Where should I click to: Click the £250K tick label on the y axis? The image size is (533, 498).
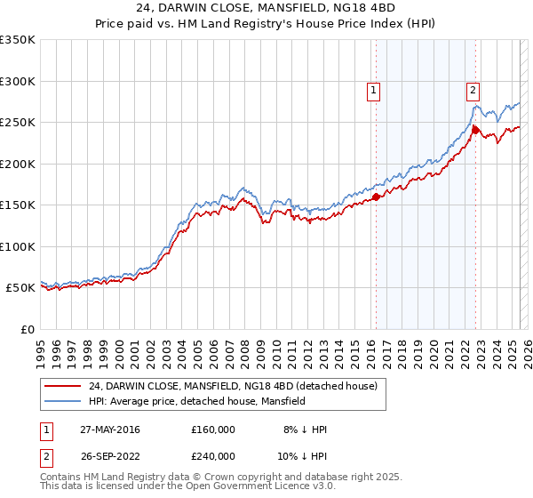click(x=18, y=122)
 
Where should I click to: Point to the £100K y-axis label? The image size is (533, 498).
click(x=18, y=246)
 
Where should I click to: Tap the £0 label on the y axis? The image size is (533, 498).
click(x=28, y=329)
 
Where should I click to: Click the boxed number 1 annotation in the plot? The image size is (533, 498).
click(x=373, y=90)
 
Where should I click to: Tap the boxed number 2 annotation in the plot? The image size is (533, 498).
click(x=473, y=90)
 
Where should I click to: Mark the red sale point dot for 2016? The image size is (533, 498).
click(x=376, y=197)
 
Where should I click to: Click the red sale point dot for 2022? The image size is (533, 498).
click(x=475, y=130)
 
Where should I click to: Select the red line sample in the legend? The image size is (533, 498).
click(x=63, y=386)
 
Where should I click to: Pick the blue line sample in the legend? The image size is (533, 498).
click(x=63, y=401)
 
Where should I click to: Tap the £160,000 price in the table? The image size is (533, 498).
click(x=212, y=430)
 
